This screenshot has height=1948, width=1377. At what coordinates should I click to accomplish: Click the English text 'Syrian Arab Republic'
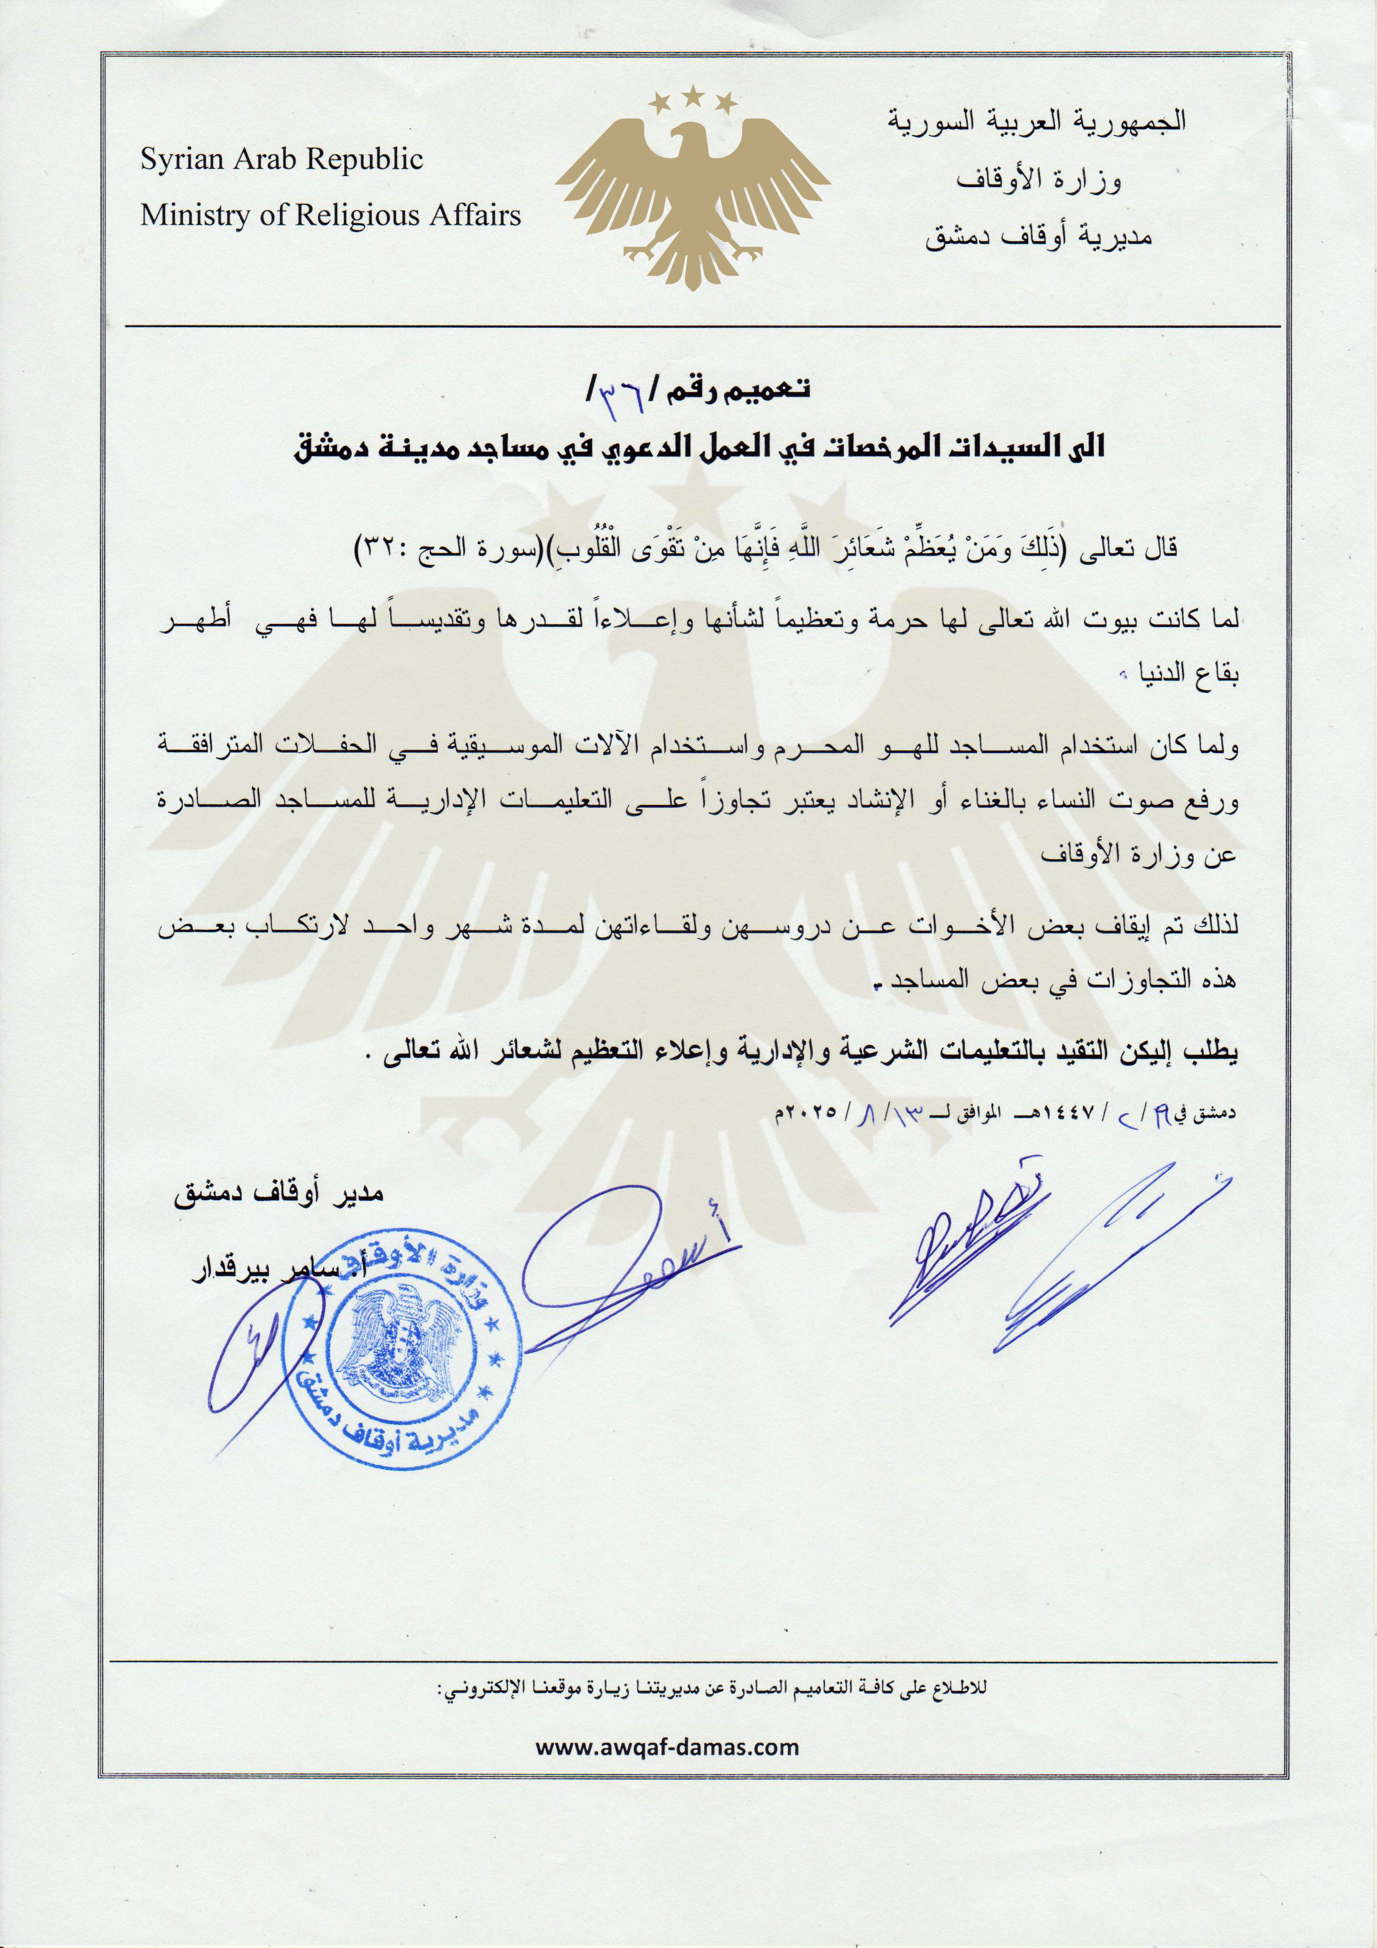[282, 159]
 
